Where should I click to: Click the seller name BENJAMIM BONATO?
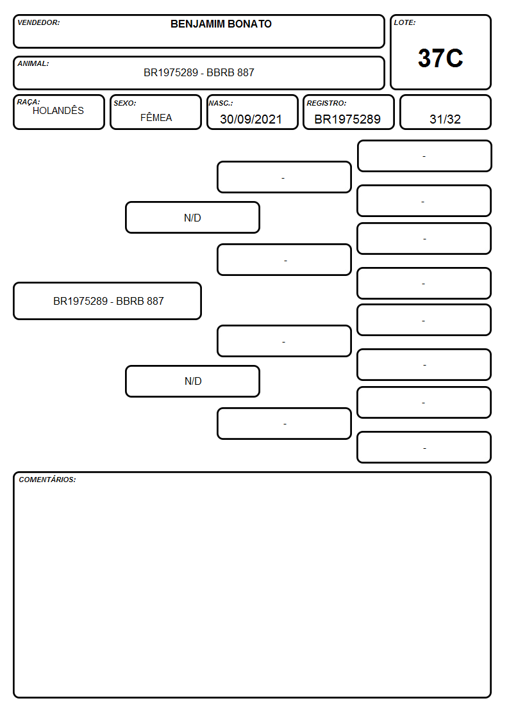point(221,24)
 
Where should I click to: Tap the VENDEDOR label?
point(38,22)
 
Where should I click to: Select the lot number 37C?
point(440,58)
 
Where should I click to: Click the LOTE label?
point(405,22)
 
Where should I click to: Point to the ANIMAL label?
point(33,64)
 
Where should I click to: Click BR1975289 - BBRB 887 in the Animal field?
point(199,72)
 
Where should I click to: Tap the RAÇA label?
point(28,102)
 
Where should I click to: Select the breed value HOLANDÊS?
point(58,110)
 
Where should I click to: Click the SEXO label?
point(125,103)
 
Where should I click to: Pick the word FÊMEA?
point(156,117)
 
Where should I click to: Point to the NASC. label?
point(221,103)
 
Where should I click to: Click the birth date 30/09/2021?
point(251,119)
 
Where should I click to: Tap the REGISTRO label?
point(326,103)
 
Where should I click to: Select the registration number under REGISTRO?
point(347,119)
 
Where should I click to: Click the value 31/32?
point(445,119)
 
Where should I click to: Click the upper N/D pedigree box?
point(192,218)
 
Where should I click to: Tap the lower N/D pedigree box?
point(192,382)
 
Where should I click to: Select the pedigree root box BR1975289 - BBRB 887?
point(108,301)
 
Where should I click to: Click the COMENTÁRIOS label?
point(47,480)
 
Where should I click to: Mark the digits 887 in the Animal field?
point(246,72)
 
